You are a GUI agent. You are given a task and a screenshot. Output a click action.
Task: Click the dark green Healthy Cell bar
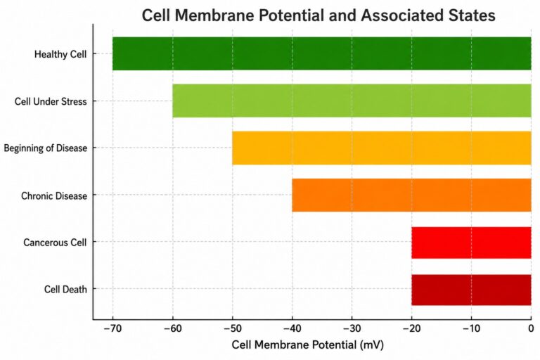click(x=321, y=53)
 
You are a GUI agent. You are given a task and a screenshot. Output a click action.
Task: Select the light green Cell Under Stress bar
click(x=352, y=101)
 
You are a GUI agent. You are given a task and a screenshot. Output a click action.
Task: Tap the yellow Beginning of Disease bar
click(x=382, y=148)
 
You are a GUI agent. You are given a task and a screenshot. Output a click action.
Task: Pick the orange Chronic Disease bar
click(x=411, y=195)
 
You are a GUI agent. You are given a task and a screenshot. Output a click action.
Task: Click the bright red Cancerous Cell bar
click(x=471, y=243)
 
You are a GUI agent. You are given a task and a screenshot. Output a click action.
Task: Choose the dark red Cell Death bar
click(x=471, y=290)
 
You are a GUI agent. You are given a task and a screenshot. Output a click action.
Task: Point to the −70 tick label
click(x=112, y=328)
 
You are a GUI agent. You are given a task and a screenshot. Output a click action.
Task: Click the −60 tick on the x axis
click(x=172, y=328)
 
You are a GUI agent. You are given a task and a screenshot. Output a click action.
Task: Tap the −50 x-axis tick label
click(x=233, y=328)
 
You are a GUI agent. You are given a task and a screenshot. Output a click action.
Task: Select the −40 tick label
click(x=292, y=328)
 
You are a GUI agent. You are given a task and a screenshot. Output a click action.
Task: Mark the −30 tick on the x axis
click(x=352, y=328)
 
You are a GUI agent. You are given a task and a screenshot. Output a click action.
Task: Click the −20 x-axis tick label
click(x=411, y=328)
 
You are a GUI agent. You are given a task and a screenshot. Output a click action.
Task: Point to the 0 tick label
click(x=531, y=328)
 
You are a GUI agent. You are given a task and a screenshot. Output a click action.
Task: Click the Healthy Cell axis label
click(x=60, y=54)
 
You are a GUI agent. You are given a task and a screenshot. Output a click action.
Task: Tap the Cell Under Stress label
click(x=51, y=101)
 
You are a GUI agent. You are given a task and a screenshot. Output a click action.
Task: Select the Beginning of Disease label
click(x=46, y=148)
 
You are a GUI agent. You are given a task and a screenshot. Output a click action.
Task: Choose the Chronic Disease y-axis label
click(x=54, y=195)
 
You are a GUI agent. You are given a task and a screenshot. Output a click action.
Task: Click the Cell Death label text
click(x=65, y=289)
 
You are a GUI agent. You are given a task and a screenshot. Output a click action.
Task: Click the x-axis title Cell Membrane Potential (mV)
click(x=307, y=345)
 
